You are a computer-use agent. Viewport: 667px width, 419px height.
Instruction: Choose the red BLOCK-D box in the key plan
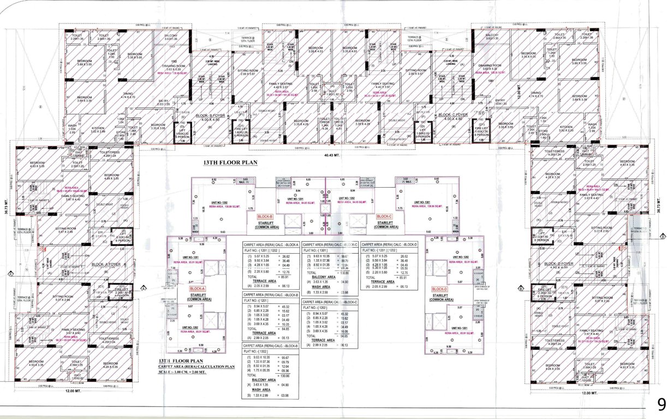tap(439, 289)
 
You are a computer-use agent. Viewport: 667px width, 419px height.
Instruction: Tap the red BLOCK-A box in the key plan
tap(197, 289)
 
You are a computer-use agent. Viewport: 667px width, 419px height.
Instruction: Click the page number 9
tap(661, 404)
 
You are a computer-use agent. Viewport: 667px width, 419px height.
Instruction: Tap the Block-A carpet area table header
tap(271, 244)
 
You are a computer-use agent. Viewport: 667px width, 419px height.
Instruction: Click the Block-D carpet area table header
tap(389, 244)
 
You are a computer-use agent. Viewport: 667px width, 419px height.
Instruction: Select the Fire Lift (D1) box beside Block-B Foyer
tap(240, 131)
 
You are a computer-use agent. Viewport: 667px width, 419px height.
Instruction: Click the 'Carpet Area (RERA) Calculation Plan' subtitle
tap(193, 367)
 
